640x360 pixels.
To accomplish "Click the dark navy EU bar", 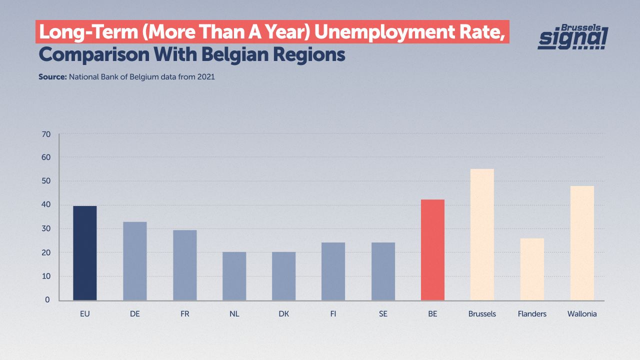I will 85,253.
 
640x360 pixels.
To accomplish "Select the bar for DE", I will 134,261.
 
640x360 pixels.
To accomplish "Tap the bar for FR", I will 184,265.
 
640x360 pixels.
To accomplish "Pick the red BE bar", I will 432,250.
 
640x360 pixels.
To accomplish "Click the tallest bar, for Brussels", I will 482,234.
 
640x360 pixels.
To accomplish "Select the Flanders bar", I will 532,269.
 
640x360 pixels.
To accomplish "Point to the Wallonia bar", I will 582,243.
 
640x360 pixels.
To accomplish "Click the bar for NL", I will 234,276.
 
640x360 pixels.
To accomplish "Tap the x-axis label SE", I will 383,314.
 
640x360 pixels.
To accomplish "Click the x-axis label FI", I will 333,314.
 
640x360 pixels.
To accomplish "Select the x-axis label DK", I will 283,314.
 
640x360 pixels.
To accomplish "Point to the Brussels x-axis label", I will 482,314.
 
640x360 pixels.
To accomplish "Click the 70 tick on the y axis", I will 46,134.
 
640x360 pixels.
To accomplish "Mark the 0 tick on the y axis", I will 47,300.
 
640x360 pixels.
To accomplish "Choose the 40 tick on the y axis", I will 46,205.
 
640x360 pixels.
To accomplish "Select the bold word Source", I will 52,77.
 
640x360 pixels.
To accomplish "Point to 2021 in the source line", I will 205,77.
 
